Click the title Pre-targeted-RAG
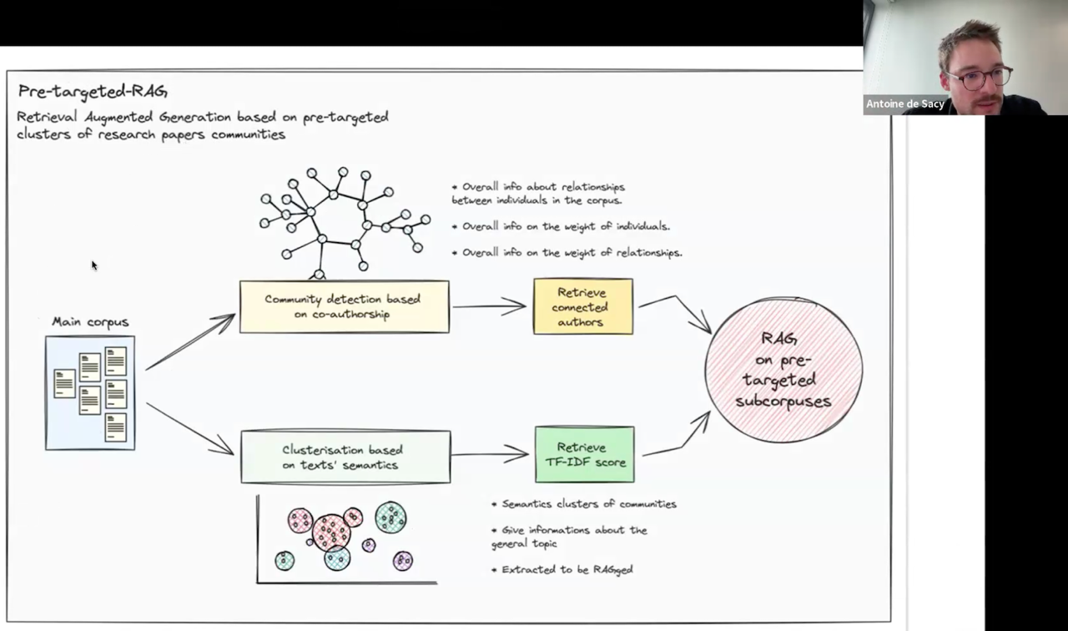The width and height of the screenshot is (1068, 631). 93,91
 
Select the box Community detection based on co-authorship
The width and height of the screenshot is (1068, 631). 345,306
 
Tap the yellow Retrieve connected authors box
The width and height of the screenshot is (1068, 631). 583,306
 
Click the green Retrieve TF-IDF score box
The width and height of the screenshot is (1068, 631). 585,455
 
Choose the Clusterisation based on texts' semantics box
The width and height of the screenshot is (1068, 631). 345,457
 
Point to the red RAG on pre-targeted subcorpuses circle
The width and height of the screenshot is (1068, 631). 783,370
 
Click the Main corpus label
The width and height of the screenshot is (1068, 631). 90,322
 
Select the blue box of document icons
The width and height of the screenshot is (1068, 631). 90,393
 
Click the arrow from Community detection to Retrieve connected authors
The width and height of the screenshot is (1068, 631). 489,306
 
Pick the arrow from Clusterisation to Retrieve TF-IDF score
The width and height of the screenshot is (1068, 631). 490,454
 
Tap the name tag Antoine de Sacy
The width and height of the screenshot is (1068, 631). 904,104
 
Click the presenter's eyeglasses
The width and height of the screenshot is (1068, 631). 979,78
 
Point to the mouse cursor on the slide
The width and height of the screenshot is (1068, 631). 94,265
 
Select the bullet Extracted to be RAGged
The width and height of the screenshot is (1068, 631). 562,569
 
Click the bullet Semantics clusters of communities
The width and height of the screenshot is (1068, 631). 584,504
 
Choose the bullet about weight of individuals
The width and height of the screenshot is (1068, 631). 561,226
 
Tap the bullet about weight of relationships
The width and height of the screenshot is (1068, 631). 567,253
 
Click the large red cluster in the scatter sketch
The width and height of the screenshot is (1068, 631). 331,533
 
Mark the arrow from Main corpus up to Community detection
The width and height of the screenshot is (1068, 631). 190,341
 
